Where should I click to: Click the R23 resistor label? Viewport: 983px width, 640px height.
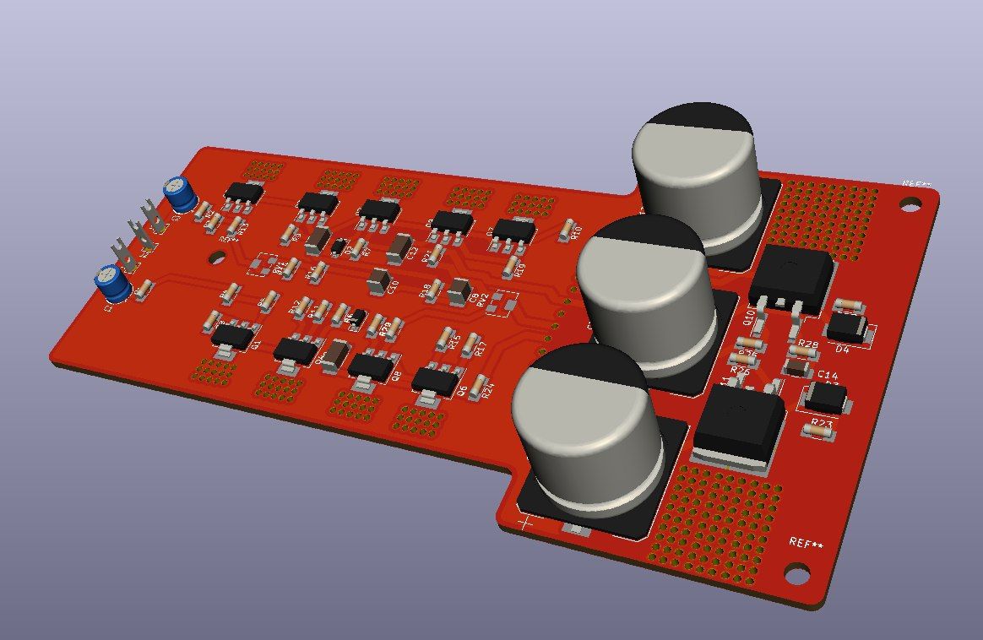821,422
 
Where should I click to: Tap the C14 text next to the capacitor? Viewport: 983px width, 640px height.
828,375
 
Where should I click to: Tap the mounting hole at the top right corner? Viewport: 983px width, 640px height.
910,203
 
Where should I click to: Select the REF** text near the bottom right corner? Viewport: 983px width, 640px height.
806,542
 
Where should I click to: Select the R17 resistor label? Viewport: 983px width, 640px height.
480,347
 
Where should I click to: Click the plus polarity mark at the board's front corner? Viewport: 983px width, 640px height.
525,523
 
